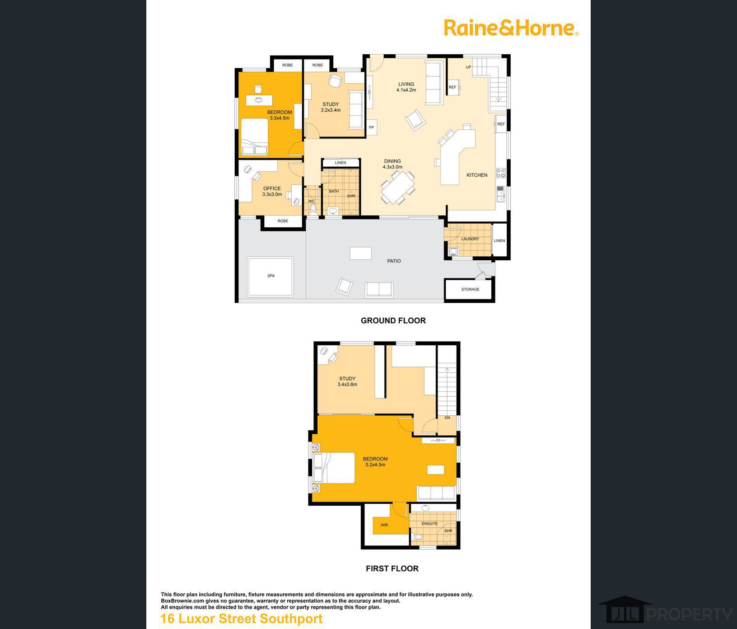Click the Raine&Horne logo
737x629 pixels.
(511, 28)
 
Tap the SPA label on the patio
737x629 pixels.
(271, 276)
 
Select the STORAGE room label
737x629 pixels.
(470, 289)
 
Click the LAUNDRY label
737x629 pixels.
(470, 239)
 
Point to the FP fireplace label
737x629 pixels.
(371, 127)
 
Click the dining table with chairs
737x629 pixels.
(398, 188)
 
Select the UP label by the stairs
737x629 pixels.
(468, 67)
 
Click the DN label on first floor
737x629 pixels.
(447, 418)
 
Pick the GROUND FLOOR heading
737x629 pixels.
(393, 320)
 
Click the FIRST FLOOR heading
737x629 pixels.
(392, 568)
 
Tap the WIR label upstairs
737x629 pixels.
(384, 525)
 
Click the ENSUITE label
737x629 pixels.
(429, 524)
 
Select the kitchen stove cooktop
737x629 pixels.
(501, 173)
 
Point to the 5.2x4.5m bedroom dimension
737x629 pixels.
(375, 465)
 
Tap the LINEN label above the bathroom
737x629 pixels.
(341, 163)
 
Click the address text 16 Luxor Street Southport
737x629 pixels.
(242, 619)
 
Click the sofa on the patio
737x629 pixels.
(379, 289)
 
